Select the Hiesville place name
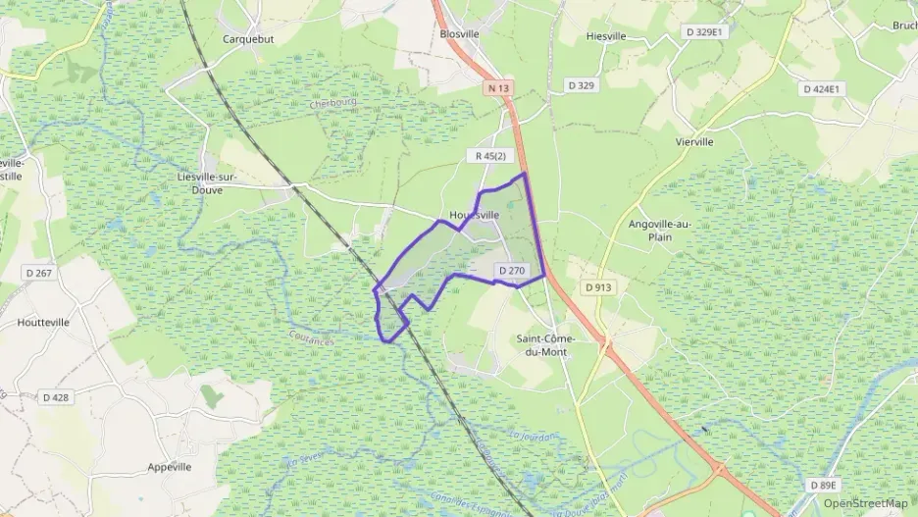click(605, 36)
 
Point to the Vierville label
click(694, 141)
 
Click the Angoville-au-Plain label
click(659, 230)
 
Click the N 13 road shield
click(498, 88)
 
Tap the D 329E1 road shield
click(702, 32)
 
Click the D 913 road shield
click(597, 287)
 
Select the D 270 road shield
click(513, 271)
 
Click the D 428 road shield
click(56, 397)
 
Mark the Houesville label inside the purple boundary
click(474, 215)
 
